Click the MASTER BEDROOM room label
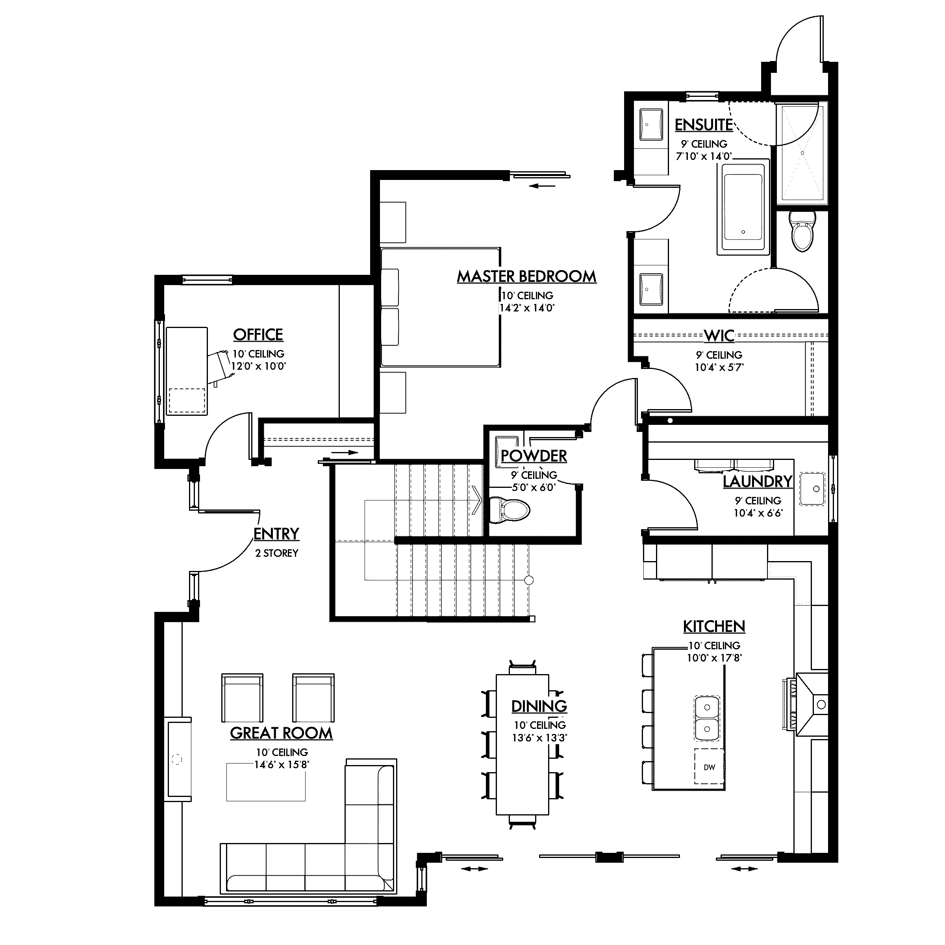click(527, 277)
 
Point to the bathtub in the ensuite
click(743, 208)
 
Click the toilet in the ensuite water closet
click(803, 232)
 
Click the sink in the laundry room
click(812, 489)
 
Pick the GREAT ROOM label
click(281, 733)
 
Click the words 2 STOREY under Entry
click(276, 553)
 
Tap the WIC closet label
click(719, 335)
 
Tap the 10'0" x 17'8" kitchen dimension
click(714, 658)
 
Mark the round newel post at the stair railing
click(529, 581)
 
